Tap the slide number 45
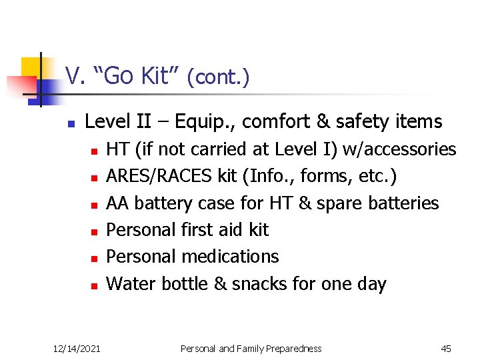click(x=446, y=349)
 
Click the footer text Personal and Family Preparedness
click(x=251, y=349)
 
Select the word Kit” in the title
click(x=159, y=77)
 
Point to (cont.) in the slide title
click(x=218, y=78)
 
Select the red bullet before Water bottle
click(x=95, y=285)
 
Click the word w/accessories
click(x=399, y=150)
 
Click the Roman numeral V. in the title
click(x=73, y=77)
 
